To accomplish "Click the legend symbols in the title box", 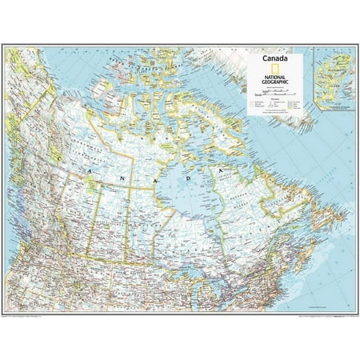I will click(274, 103).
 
